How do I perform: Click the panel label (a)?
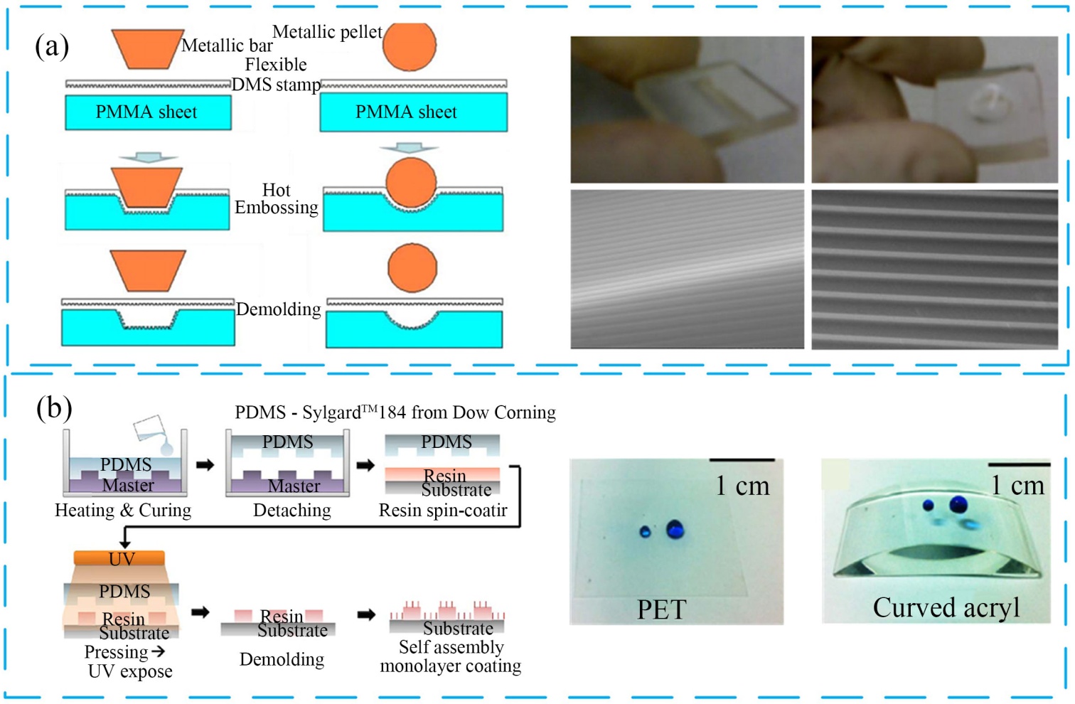click(x=52, y=47)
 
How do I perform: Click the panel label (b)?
click(x=54, y=408)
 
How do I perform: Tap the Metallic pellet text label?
click(x=327, y=32)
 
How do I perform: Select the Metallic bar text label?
click(x=227, y=46)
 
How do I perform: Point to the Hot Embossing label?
click(x=277, y=199)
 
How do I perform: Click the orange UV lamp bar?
click(x=119, y=559)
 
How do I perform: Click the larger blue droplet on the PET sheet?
click(x=675, y=529)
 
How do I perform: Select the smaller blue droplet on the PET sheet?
click(x=645, y=531)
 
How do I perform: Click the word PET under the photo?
click(x=661, y=609)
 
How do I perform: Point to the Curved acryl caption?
click(x=946, y=608)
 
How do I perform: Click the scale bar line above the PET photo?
click(x=742, y=460)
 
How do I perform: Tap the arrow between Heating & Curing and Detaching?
click(x=205, y=465)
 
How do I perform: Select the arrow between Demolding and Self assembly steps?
click(x=366, y=614)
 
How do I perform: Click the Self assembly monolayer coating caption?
click(x=451, y=656)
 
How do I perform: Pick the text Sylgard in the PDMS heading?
click(x=331, y=413)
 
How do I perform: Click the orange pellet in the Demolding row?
click(x=412, y=268)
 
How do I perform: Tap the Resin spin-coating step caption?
click(x=443, y=511)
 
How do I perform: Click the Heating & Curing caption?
click(x=123, y=511)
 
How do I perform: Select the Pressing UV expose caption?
click(x=128, y=661)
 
